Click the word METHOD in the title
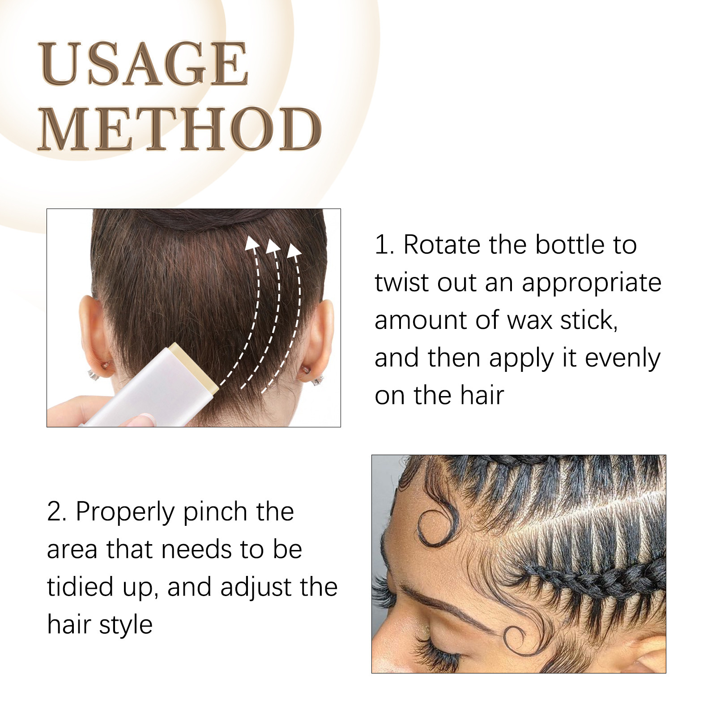(x=179, y=129)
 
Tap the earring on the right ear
(x=318, y=380)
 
